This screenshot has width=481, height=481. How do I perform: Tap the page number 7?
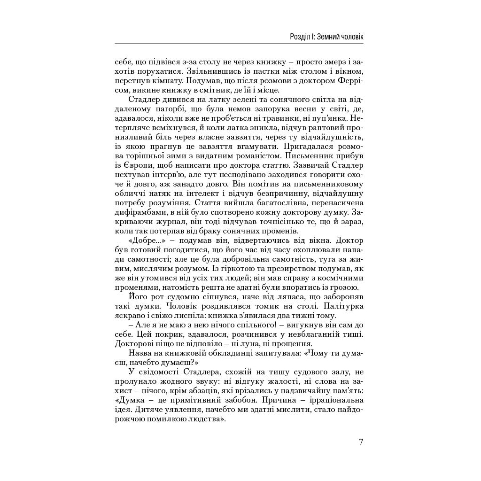pos(361,442)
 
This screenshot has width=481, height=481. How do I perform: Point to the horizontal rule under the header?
pos(239,44)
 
